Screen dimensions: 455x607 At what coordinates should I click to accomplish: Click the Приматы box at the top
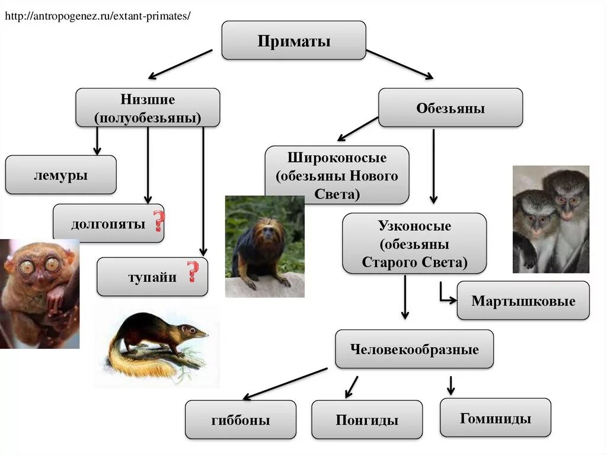[x=293, y=40]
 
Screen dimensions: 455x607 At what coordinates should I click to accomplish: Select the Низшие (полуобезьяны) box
[x=148, y=107]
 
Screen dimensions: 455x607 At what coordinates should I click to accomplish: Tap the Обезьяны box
[x=451, y=108]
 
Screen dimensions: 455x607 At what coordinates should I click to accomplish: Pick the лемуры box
[x=60, y=175]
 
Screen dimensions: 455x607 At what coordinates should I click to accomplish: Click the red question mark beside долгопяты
[x=158, y=221]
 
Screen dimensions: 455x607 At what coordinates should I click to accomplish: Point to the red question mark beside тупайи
[x=193, y=272]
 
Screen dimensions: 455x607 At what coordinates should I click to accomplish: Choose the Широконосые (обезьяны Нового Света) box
[x=337, y=176]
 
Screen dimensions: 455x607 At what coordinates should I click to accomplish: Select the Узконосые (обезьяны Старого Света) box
[x=414, y=243]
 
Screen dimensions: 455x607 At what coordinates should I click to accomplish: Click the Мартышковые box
[x=523, y=301]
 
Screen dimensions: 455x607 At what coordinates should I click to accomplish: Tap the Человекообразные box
[x=414, y=349]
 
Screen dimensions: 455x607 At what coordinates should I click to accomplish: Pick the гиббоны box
[x=240, y=420]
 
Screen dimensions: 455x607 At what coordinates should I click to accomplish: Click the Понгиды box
[x=367, y=420]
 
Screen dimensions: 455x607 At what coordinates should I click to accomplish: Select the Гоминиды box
[x=495, y=418]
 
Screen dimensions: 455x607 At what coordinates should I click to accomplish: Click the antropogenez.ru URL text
[x=98, y=16]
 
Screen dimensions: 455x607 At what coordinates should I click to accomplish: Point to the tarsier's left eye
[x=27, y=267]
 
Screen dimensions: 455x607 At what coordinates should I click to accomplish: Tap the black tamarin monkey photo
[x=264, y=246]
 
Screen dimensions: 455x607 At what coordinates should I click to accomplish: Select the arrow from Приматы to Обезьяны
[x=400, y=64]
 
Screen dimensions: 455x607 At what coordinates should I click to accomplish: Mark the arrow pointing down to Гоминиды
[x=451, y=386]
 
